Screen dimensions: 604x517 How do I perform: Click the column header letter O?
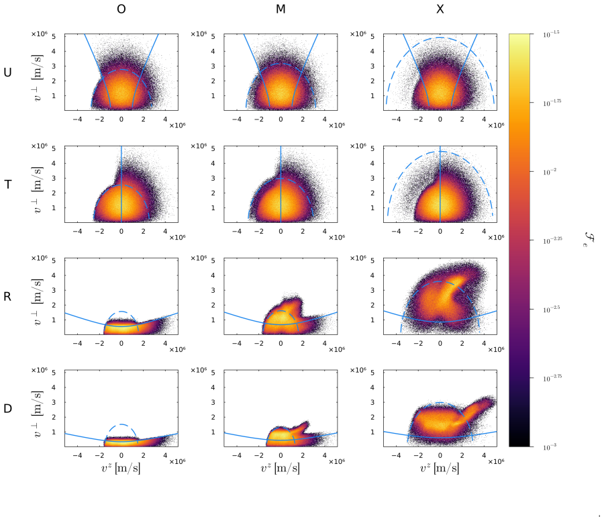coord(121,9)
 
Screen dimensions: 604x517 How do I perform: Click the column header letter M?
coord(281,9)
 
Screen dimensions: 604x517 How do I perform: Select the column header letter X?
coord(440,9)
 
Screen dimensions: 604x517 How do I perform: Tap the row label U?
coord(7,73)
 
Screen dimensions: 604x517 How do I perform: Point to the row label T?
coord(7,185)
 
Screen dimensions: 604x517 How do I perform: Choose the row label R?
coord(7,297)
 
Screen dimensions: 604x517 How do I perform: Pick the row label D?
coord(7,409)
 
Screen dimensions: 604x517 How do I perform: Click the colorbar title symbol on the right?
coord(589,240)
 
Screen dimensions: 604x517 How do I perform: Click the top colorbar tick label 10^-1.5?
coord(551,34)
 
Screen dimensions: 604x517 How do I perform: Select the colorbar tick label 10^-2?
coord(550,172)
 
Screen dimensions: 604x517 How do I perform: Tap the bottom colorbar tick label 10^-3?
coord(550,447)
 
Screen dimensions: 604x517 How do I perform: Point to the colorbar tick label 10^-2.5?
coord(552,310)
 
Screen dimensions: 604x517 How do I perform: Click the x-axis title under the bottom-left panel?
coord(121,469)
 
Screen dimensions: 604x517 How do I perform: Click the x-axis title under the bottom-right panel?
coord(440,469)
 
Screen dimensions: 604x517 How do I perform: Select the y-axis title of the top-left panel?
coord(38,78)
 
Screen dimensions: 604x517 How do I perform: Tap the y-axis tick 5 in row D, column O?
coord(54,373)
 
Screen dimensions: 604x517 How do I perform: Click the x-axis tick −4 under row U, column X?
coord(396,120)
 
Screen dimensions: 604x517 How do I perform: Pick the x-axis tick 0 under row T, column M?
coord(281,232)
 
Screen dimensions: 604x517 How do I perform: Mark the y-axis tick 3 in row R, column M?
coord(213,290)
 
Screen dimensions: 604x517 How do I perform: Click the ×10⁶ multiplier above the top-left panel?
coord(40,34)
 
